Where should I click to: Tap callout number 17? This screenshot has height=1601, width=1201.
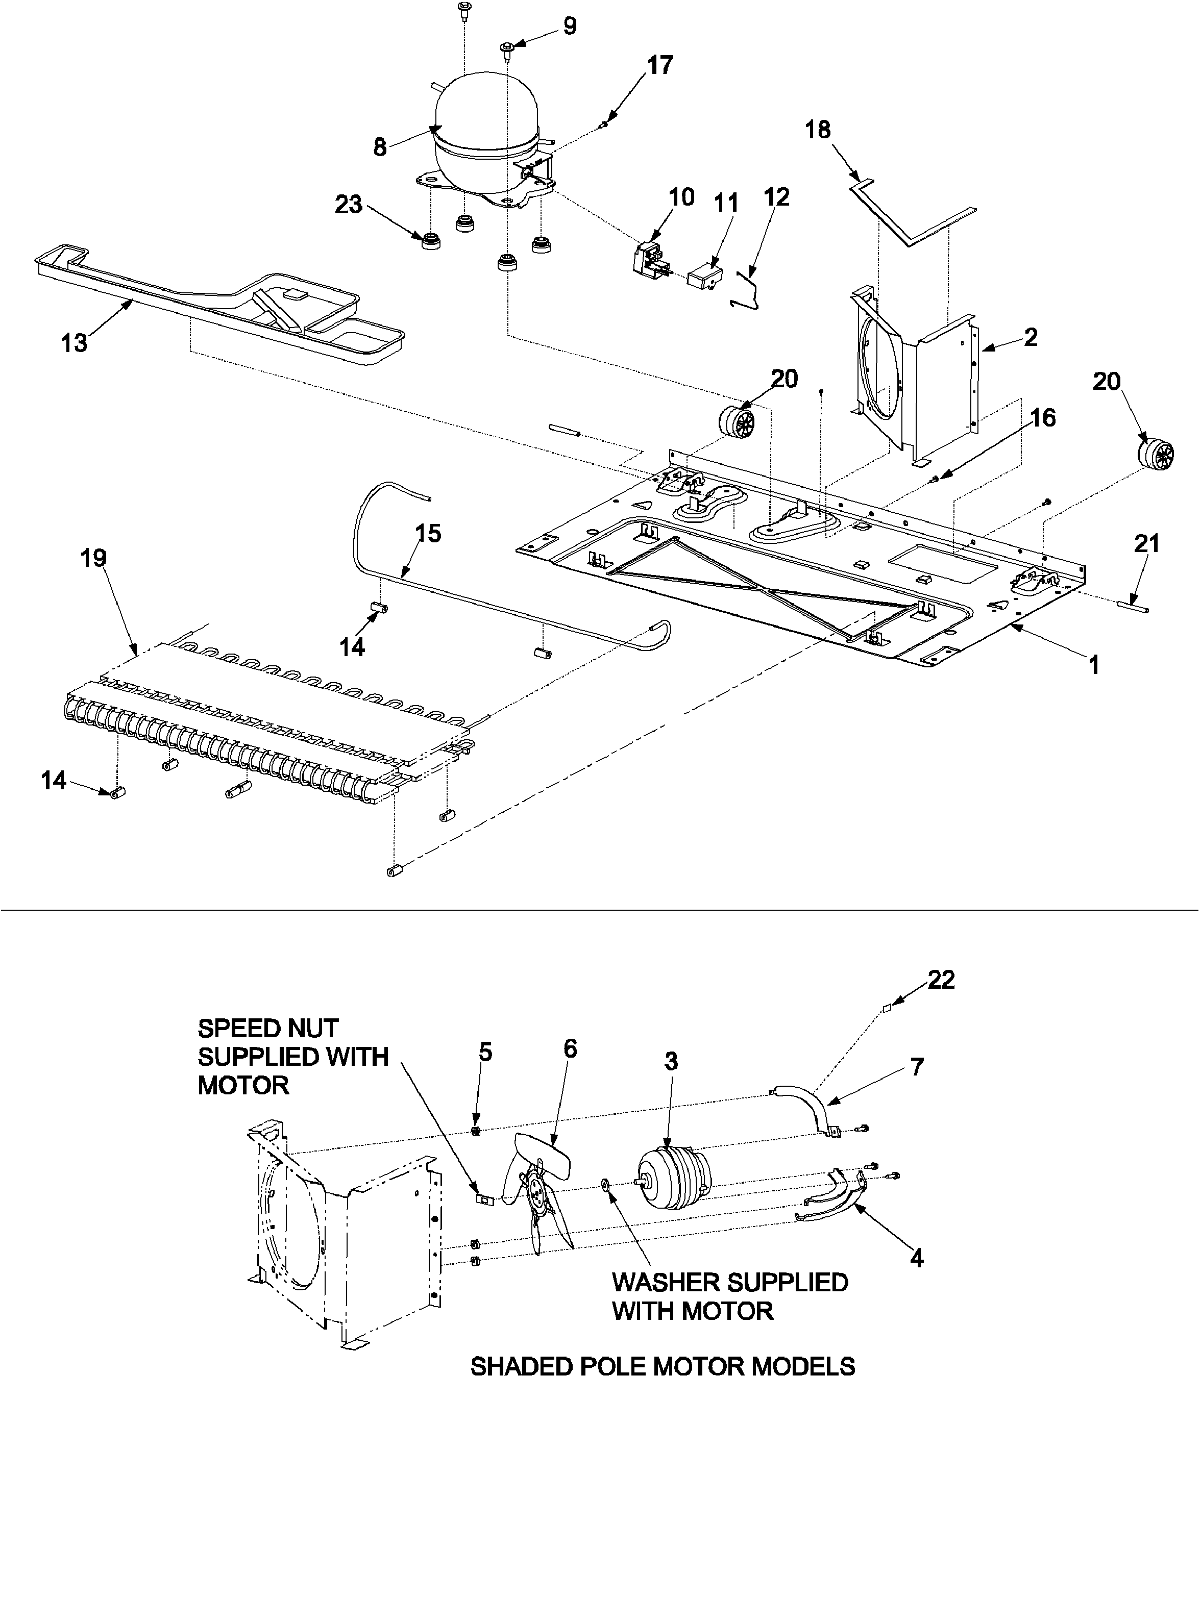pos(659,65)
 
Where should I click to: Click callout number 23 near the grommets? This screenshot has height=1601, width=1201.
pos(348,205)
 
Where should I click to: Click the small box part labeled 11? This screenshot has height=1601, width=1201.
pos(706,275)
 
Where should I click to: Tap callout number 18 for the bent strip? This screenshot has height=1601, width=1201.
pos(818,130)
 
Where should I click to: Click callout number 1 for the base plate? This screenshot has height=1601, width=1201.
pos(1094,664)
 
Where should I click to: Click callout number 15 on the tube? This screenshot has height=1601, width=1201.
pos(428,534)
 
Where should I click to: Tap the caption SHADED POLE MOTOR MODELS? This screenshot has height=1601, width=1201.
pos(663,1367)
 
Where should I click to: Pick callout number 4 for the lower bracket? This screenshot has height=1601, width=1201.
pos(917,1259)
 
